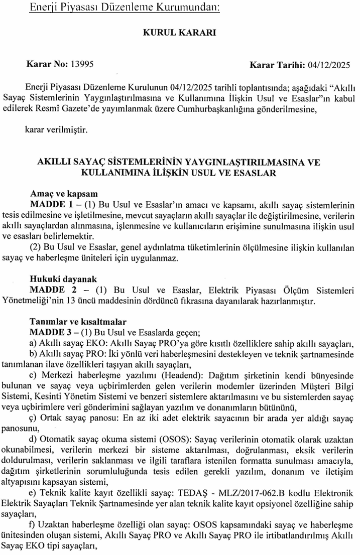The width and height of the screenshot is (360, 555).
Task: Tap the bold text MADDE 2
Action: click(x=51, y=290)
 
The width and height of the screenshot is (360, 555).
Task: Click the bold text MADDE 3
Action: click(x=51, y=332)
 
